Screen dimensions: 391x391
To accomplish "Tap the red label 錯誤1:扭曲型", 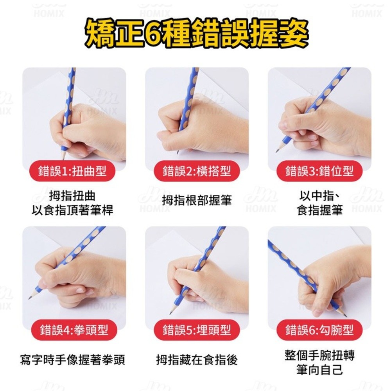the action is point(72,171).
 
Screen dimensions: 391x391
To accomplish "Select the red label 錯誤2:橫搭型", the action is point(197,171).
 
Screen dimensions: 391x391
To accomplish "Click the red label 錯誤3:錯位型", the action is point(319,171).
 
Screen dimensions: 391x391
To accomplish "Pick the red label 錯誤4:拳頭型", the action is point(74,330).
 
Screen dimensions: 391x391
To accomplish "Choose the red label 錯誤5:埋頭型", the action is point(197,330).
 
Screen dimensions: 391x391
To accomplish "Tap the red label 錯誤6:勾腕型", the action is point(319,330).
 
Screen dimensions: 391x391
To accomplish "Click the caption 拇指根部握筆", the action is point(197,201).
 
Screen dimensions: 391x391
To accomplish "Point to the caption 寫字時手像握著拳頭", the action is point(72,360).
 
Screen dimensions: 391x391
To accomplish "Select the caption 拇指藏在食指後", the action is point(197,360).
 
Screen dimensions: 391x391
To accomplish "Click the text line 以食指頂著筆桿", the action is point(72,210).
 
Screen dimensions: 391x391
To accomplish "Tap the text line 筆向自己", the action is point(319,369).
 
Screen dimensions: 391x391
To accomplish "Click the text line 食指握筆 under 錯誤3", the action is point(319,210).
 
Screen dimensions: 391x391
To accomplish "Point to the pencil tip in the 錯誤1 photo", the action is point(64,159).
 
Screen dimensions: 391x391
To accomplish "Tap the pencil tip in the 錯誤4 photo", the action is point(29,298).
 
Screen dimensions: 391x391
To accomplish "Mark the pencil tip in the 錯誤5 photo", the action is point(170,314).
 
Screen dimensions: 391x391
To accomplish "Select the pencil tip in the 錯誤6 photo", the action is point(346,316).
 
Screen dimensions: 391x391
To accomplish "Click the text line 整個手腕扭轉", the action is point(319,355).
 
